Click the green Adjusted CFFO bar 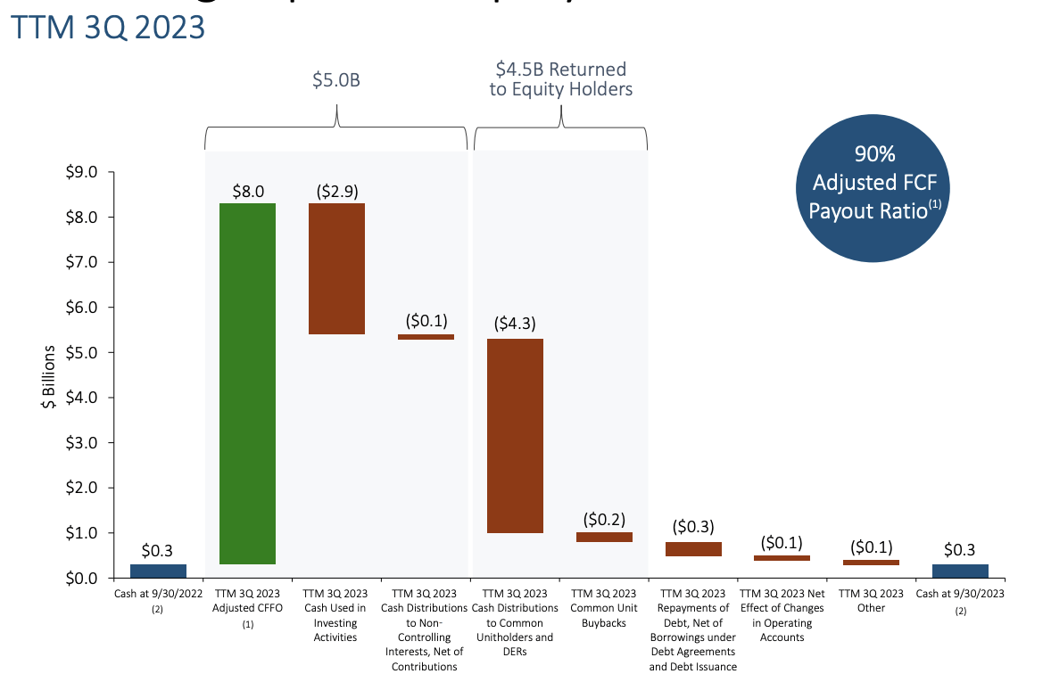247,383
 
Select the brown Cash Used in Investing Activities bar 336,268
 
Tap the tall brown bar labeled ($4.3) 515,435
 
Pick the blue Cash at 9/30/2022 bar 158,571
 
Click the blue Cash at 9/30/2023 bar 960,571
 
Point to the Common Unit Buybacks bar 604,537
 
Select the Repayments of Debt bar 693,549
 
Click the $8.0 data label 248,191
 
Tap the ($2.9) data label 336,191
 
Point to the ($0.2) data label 604,520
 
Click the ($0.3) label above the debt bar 693,527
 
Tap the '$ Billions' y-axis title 49,375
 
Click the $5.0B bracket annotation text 335,80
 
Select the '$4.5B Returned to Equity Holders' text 560,78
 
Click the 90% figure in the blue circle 873,154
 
